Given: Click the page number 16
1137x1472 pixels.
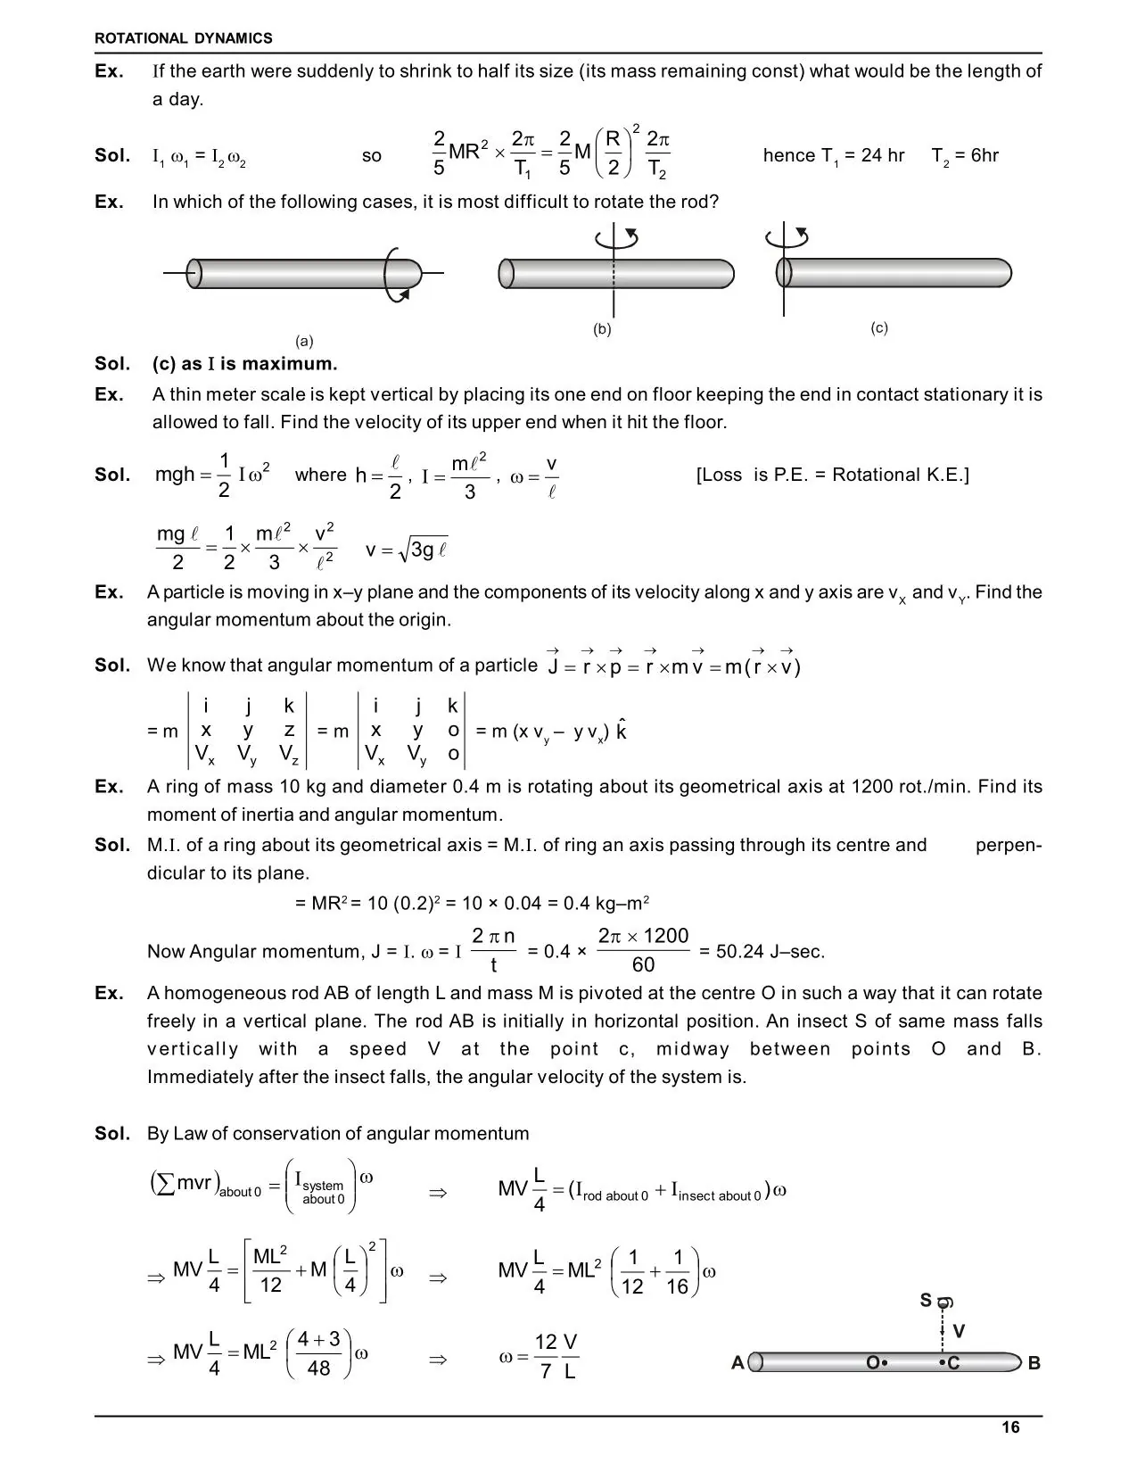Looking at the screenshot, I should pos(1009,1427).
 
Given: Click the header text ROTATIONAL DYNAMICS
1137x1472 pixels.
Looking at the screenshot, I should pos(184,38).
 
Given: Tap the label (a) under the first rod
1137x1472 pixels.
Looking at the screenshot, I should pos(305,341).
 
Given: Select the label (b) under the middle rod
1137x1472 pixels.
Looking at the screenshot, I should pos(603,328).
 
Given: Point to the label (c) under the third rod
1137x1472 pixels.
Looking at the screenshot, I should pos(879,327).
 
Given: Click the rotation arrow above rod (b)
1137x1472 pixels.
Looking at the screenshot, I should pos(616,236).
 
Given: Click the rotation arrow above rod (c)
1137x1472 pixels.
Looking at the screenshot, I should pos(787,236).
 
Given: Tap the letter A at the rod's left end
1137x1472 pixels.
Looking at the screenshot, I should pos(737,1363).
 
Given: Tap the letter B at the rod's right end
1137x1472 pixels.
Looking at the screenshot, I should pos(1034,1363).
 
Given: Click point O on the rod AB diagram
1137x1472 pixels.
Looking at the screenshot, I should pos(876,1362).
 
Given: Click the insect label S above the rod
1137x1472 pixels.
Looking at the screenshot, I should pos(927,1301).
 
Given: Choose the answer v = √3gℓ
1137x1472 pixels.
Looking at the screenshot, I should pos(407,550).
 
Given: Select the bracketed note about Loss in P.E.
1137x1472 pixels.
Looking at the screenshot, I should pos(832,475).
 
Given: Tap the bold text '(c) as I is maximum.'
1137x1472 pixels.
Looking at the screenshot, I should pos(244,363).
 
